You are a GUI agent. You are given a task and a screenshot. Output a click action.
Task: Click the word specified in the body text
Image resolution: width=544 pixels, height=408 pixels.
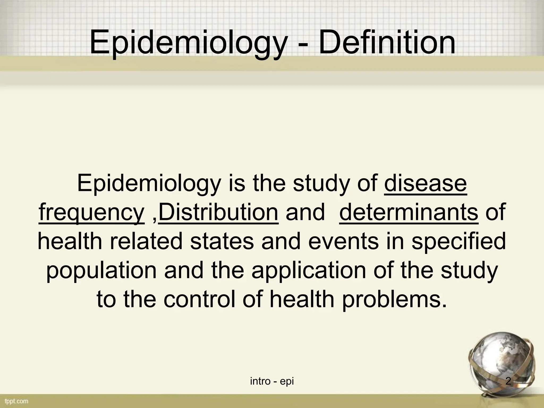[x=458, y=241]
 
